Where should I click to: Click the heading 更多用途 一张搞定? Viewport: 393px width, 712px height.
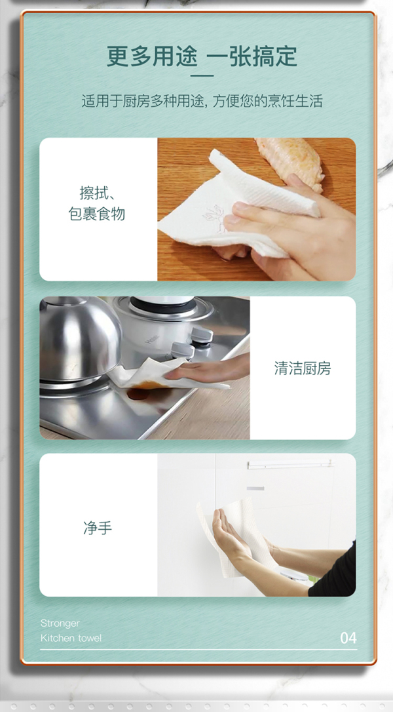[x=202, y=56]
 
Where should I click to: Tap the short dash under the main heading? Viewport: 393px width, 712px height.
[x=202, y=76]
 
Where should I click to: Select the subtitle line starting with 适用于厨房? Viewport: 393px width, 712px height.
[x=202, y=101]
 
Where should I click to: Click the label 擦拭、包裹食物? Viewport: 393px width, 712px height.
[x=97, y=203]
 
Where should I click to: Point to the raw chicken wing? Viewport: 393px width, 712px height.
[x=290, y=159]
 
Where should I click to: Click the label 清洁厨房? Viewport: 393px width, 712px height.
[x=303, y=368]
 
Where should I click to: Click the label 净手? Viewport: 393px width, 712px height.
[x=97, y=528]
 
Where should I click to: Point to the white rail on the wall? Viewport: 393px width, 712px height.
[x=290, y=465]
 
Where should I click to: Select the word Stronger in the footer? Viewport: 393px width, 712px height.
[x=60, y=623]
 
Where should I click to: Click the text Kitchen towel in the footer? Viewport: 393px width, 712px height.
[x=71, y=638]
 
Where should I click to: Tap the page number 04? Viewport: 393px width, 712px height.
[x=348, y=638]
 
